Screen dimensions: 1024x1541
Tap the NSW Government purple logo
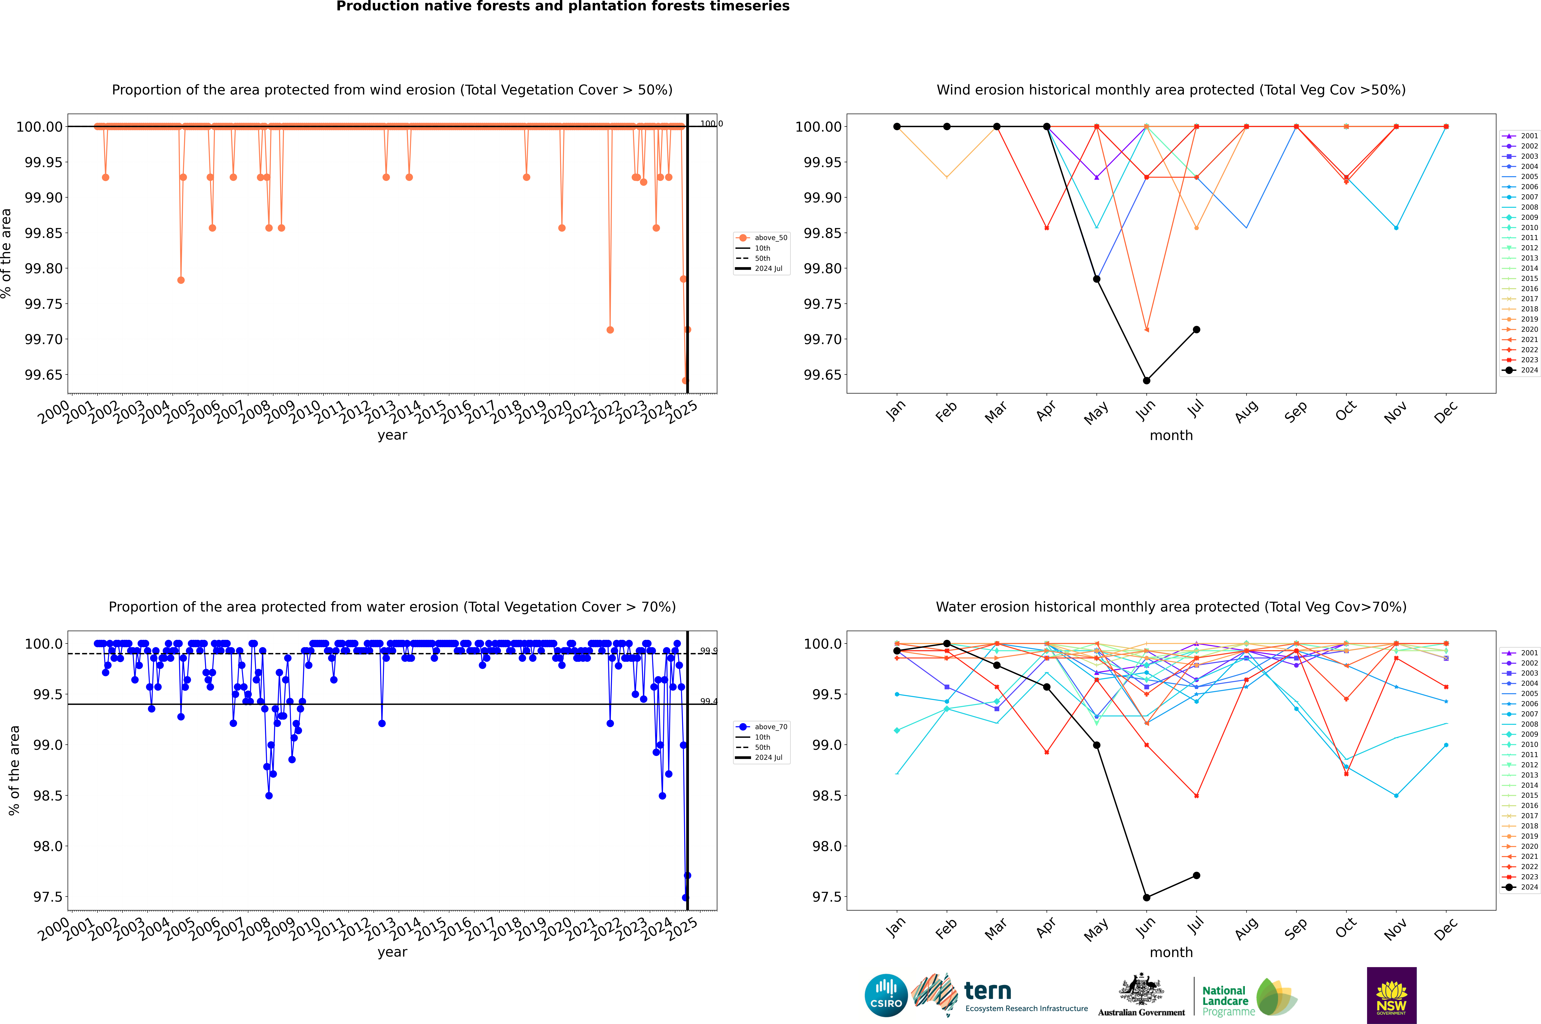click(1391, 995)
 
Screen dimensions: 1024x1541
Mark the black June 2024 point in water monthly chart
click(1146, 897)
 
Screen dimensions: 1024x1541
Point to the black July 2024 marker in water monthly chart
click(1196, 875)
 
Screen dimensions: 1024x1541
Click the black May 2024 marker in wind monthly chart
click(1097, 279)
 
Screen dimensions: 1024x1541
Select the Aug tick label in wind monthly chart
click(1246, 412)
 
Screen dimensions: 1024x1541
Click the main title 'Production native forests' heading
click(563, 6)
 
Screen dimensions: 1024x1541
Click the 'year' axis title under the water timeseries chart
click(392, 952)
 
